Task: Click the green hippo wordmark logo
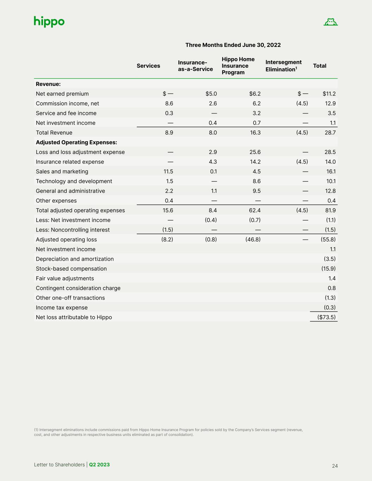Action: point(49,21)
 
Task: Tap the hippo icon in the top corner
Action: point(330,22)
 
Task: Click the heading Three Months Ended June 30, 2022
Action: point(233,45)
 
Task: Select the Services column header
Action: point(148,66)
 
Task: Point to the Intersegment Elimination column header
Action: point(283,66)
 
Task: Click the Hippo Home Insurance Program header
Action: point(238,66)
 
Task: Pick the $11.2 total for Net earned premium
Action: point(329,94)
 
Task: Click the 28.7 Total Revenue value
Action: point(330,133)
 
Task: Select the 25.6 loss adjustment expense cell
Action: point(255,152)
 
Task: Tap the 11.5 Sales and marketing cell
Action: point(168,172)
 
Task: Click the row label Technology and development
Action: point(74,181)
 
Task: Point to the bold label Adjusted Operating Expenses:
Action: point(77,142)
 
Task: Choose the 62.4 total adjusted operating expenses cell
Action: point(255,210)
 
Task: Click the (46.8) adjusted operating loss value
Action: point(253,240)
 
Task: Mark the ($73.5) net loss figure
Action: point(327,317)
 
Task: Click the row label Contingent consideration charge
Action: point(78,288)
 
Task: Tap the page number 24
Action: point(335,466)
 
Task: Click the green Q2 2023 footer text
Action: point(99,465)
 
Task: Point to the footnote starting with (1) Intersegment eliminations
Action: point(168,432)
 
